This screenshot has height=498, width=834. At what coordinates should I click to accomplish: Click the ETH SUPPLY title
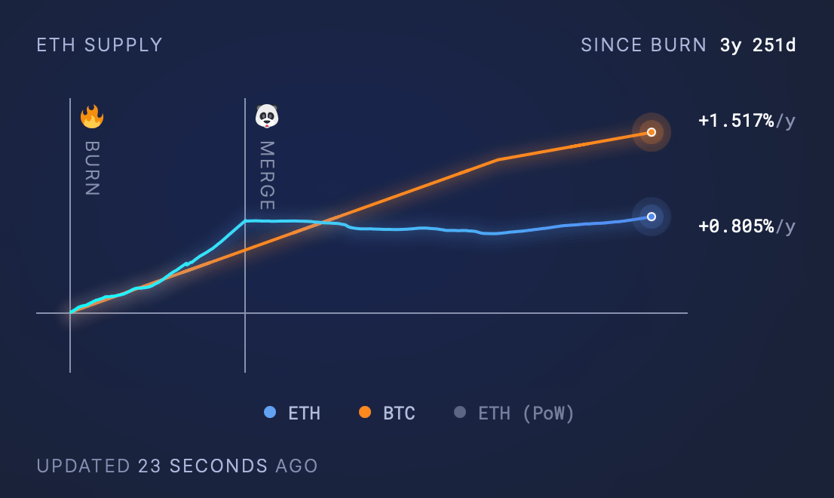(x=100, y=45)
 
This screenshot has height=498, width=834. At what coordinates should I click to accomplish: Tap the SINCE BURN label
(x=643, y=45)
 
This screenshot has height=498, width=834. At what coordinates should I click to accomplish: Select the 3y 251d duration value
(x=758, y=45)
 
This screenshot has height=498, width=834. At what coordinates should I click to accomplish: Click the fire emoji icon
(x=92, y=116)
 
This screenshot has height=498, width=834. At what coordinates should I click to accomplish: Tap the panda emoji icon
(x=267, y=116)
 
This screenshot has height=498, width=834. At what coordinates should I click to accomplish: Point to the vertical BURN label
(x=92, y=168)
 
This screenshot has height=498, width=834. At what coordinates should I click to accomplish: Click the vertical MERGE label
(x=267, y=176)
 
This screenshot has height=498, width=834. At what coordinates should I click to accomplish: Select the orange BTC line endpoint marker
(x=652, y=132)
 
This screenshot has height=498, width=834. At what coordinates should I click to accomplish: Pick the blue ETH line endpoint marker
(x=652, y=217)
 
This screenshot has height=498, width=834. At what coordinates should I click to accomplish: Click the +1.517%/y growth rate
(x=747, y=121)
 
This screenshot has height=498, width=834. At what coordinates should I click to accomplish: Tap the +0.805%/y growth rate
(x=747, y=226)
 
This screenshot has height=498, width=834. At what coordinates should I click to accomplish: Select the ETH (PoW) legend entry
(x=514, y=413)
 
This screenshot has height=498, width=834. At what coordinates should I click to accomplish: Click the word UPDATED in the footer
(x=83, y=466)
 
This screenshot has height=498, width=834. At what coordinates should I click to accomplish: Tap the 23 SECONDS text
(x=203, y=466)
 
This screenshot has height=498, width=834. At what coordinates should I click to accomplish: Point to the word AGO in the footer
(x=296, y=466)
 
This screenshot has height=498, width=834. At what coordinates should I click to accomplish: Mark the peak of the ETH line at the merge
(x=245, y=221)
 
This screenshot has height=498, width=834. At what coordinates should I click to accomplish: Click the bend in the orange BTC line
(x=498, y=160)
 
